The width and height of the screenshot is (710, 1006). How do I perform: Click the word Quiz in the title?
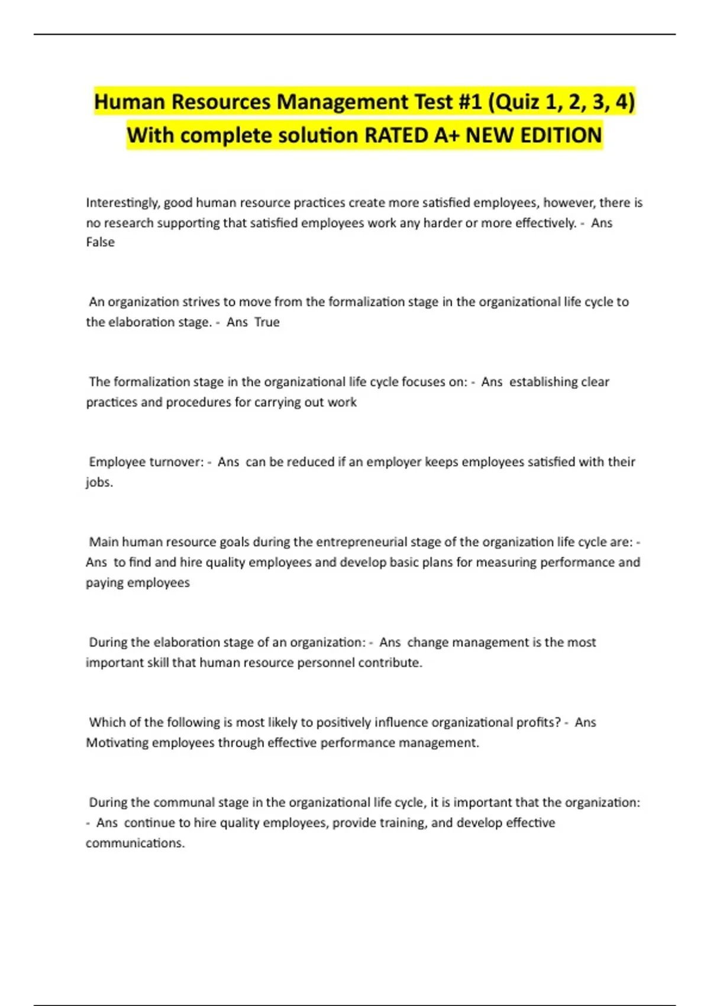tap(519, 102)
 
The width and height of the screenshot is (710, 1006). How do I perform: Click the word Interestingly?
tap(122, 203)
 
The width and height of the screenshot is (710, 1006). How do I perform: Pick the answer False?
tap(100, 242)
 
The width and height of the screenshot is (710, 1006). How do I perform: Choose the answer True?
tap(267, 322)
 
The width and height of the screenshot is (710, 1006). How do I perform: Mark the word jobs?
tap(99, 482)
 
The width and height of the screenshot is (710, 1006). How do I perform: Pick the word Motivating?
tap(117, 743)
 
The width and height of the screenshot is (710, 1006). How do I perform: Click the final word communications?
tap(135, 843)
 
